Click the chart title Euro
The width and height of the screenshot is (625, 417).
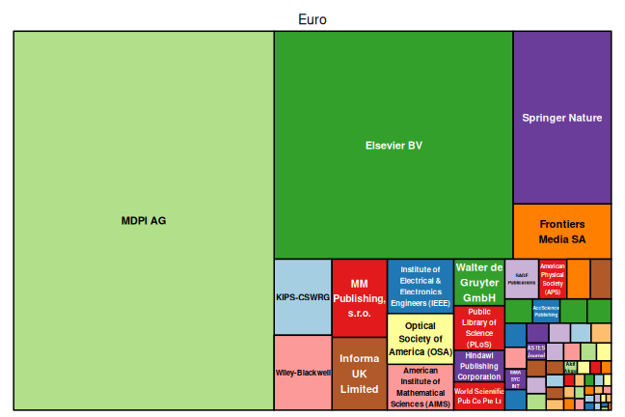pyautogui.click(x=312, y=19)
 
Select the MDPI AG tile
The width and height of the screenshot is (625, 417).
pyautogui.click(x=144, y=220)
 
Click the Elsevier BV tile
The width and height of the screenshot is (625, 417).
pyautogui.click(x=394, y=145)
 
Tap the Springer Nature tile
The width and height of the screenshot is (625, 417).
pyautogui.click(x=561, y=118)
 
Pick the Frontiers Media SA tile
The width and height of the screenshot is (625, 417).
pyautogui.click(x=561, y=231)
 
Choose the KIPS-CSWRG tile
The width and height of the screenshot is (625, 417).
pyautogui.click(x=303, y=297)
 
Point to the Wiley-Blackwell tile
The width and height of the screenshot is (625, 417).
pyautogui.click(x=303, y=373)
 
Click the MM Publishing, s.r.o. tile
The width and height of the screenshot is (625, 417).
pyautogui.click(x=359, y=297)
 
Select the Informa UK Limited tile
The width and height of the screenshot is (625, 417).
pyautogui.click(x=359, y=374)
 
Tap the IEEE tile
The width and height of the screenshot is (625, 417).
pyautogui.click(x=421, y=286)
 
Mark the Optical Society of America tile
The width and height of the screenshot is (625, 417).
pyautogui.click(x=421, y=339)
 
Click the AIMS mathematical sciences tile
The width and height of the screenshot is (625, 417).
pyautogui.click(x=421, y=387)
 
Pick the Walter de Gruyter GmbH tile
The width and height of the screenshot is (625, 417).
pyautogui.click(x=479, y=282)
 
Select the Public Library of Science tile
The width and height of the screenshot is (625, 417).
pyautogui.click(x=479, y=328)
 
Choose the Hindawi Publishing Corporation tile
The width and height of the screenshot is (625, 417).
pyautogui.click(x=479, y=366)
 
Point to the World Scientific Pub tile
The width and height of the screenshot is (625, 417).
pyautogui.click(x=479, y=397)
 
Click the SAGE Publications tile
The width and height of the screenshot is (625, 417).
pyautogui.click(x=522, y=278)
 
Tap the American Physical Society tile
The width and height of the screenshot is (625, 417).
pyautogui.click(x=553, y=278)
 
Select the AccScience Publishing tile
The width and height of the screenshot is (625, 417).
pyautogui.click(x=546, y=311)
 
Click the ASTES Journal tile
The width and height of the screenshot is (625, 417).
pyautogui.click(x=537, y=351)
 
